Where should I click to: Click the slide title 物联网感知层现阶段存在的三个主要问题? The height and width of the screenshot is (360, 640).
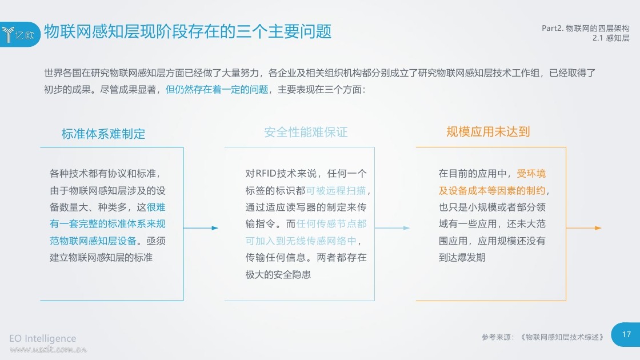click(x=188, y=31)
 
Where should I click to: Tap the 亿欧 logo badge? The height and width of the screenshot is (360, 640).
click(x=20, y=34)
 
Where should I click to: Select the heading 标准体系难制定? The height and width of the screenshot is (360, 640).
click(x=103, y=134)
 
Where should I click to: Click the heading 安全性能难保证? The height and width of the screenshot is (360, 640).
click(x=306, y=132)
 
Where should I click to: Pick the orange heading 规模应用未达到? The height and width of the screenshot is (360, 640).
click(x=488, y=132)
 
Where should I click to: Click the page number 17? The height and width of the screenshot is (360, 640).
click(x=626, y=334)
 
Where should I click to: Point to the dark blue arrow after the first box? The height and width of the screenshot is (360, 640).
click(x=201, y=228)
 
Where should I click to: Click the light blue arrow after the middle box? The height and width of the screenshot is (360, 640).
click(x=392, y=228)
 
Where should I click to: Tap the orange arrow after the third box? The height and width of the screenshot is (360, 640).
click(x=583, y=228)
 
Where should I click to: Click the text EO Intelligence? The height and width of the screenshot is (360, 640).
click(x=42, y=338)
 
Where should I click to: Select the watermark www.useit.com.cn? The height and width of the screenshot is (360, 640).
click(x=48, y=349)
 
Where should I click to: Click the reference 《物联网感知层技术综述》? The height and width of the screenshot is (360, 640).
click(x=562, y=337)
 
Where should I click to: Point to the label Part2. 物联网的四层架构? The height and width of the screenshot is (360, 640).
click(x=585, y=28)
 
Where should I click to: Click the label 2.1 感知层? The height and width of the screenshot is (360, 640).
click(x=611, y=38)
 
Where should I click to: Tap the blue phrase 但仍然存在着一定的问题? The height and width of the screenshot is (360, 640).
click(x=217, y=89)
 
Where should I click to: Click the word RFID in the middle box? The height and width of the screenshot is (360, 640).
click(x=266, y=174)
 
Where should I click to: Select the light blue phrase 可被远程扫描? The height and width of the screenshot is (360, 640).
click(x=336, y=191)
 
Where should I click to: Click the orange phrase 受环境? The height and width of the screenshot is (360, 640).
click(x=531, y=174)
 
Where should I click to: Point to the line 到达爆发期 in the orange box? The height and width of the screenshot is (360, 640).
click(x=462, y=258)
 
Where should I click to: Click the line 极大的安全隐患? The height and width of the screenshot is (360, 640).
click(x=278, y=275)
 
